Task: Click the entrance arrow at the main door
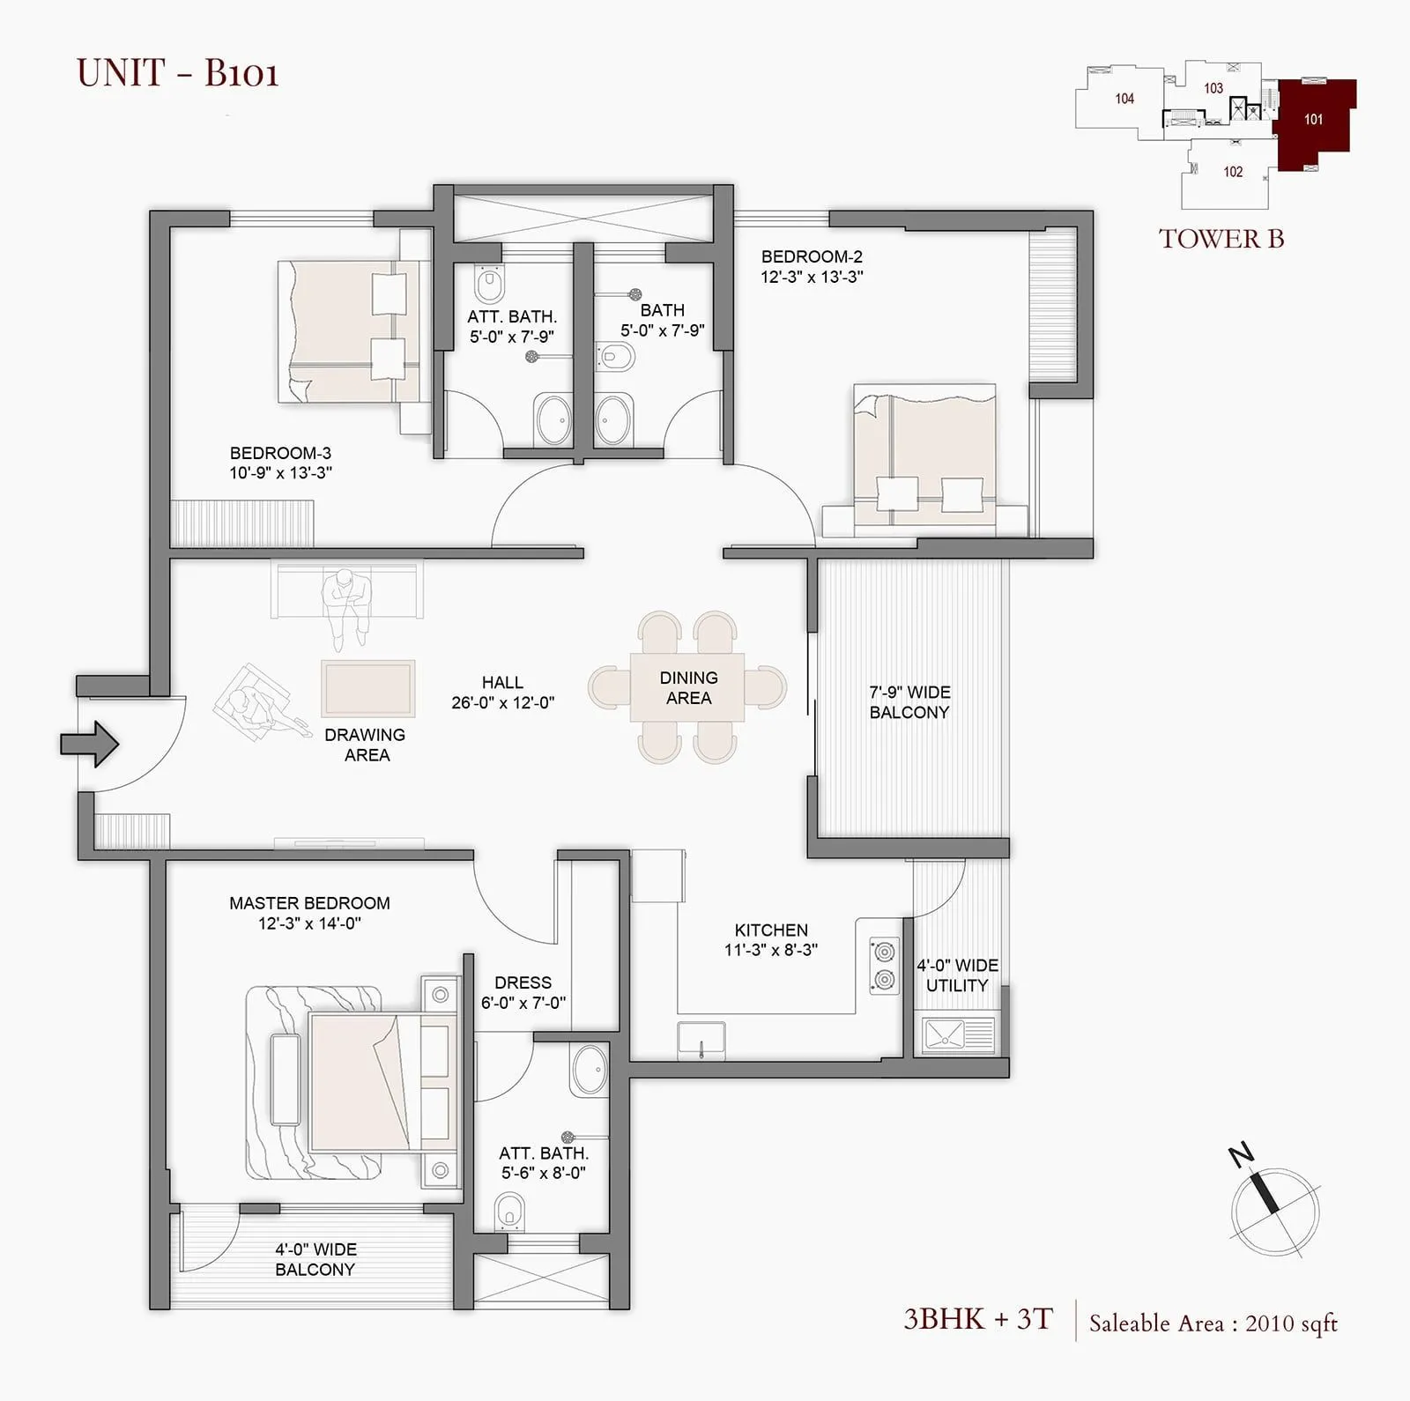point(89,745)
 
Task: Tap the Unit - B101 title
point(178,72)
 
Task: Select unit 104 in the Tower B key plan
point(1124,99)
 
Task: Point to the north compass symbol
point(1275,1209)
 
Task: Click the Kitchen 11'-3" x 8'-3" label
point(771,939)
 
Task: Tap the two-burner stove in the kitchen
point(884,966)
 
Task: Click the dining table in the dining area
point(687,687)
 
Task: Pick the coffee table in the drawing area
point(367,687)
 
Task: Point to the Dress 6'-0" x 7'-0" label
point(523,992)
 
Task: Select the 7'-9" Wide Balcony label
point(909,702)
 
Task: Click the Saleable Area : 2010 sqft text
point(1213,1323)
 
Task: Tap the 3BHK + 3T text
point(978,1319)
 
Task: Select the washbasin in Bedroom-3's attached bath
point(553,419)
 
